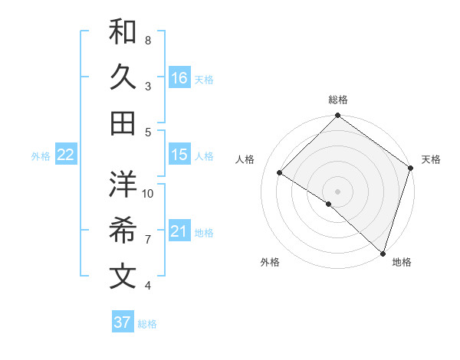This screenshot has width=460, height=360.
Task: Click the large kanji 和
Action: (x=123, y=32)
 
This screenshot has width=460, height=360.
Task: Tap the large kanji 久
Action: (x=123, y=78)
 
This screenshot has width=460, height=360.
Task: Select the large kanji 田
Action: (x=123, y=123)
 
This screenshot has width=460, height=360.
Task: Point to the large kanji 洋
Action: (x=123, y=184)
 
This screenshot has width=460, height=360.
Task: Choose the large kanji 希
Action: (x=123, y=230)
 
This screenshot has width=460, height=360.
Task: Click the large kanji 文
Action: (x=123, y=276)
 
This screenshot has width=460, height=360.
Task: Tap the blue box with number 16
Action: (x=179, y=78)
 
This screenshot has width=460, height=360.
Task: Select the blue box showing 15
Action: (x=179, y=155)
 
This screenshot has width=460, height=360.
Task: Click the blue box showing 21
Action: (x=179, y=231)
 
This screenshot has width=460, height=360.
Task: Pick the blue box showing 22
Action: (x=66, y=155)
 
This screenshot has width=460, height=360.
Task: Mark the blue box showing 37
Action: (x=123, y=322)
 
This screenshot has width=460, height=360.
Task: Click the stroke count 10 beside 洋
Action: (x=148, y=193)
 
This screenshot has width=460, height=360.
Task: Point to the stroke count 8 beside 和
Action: (x=148, y=40)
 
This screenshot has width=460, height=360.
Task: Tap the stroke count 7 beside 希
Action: (x=148, y=240)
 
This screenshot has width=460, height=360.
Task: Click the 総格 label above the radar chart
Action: (x=337, y=100)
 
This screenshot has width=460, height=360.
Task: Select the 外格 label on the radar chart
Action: (x=270, y=263)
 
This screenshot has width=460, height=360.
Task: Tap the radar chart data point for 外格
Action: (x=328, y=204)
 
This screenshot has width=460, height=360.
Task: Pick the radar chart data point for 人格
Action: (x=280, y=173)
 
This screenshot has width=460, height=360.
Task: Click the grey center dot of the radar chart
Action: (x=337, y=191)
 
